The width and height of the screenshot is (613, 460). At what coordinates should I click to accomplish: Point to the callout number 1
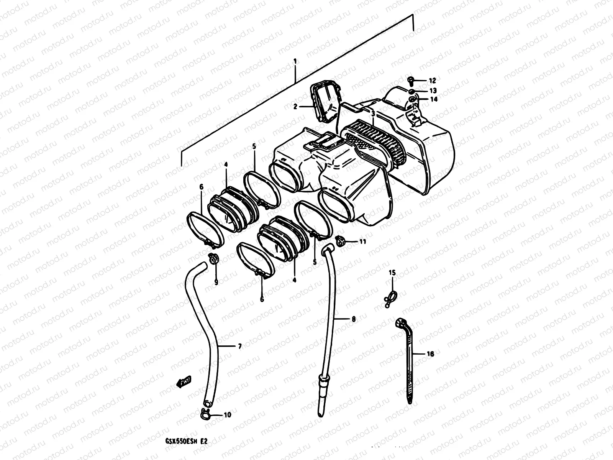(295, 61)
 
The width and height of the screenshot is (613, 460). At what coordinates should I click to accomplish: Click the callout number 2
(295, 107)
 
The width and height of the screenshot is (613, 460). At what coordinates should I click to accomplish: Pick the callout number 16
(430, 354)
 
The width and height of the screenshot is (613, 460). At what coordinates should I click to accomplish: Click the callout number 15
(392, 273)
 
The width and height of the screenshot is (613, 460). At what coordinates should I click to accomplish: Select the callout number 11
(362, 242)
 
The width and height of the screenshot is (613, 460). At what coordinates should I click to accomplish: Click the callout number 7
(239, 347)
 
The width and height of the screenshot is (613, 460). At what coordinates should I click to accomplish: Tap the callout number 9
(216, 282)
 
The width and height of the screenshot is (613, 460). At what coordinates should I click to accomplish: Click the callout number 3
(373, 114)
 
